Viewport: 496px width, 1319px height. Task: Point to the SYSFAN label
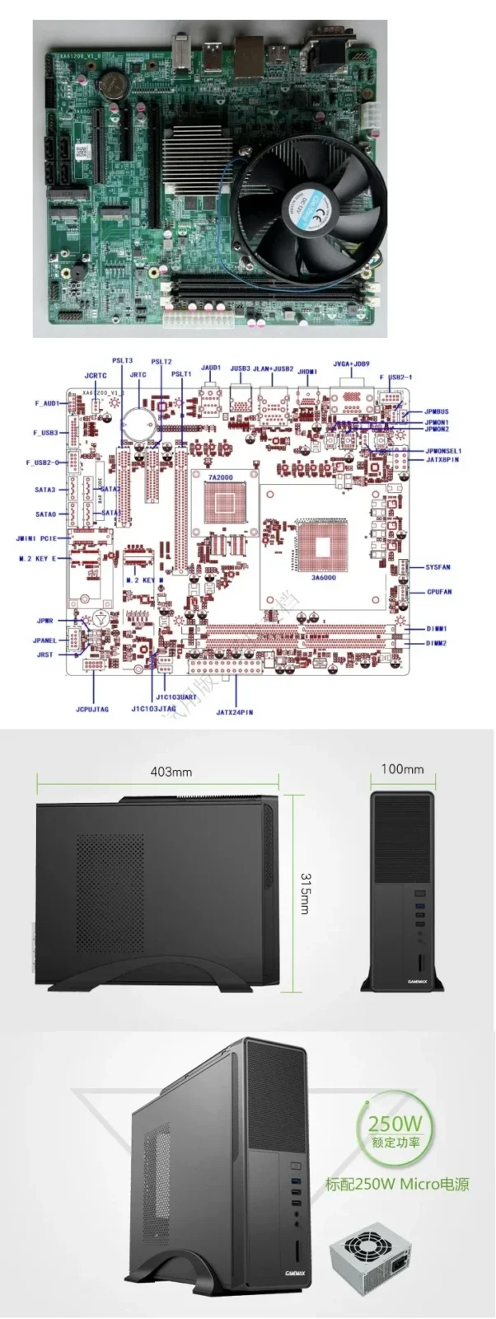coord(438,567)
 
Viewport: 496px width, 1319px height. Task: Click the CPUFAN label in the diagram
coord(438,592)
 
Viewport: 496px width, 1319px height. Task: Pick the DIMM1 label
coord(437,629)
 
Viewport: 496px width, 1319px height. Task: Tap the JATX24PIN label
coord(235,711)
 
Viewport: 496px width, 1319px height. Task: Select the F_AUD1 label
coord(47,404)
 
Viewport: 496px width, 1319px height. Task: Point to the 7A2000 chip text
coord(220,477)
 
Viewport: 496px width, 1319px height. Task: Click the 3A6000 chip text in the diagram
coord(323,578)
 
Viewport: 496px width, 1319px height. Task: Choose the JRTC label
coord(138,375)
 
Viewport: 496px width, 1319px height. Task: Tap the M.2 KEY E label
coord(38,558)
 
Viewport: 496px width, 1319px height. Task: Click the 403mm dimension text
coord(171,772)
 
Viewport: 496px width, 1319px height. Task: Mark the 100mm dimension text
coord(402,769)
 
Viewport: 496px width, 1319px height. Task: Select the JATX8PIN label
coord(442,460)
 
